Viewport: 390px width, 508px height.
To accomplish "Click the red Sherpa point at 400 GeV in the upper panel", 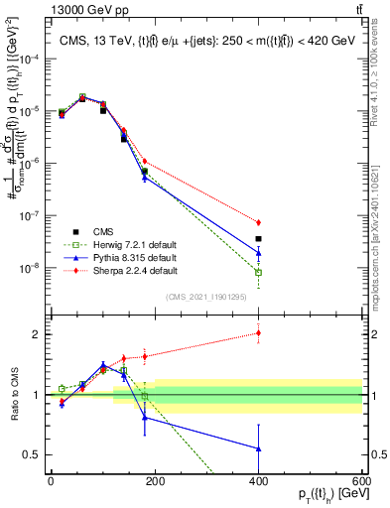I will click(258, 222).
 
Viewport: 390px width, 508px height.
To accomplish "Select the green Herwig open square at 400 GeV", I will click(258, 272).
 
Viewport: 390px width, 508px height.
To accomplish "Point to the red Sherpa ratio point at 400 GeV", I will click(258, 332).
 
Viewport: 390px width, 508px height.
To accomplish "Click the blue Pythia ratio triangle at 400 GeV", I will click(258, 448).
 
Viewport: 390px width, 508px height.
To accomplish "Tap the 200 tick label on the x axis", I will click(155, 480).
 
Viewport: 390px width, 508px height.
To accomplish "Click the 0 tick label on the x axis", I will click(51, 480).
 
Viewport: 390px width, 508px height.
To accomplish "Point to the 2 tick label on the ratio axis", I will click(40, 334).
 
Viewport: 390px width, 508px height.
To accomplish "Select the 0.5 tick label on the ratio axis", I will click(36, 455).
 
